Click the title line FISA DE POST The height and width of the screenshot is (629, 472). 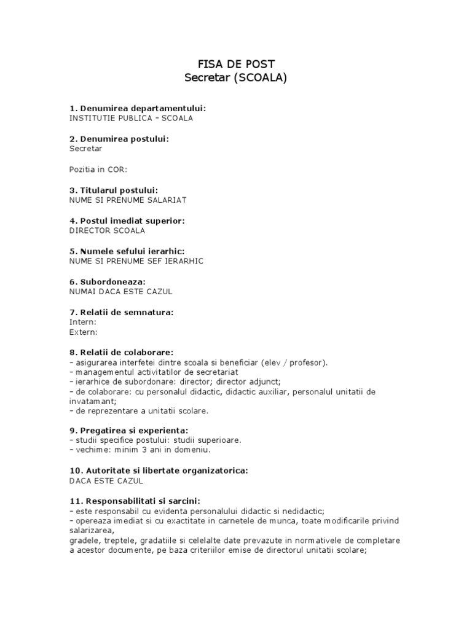tap(235, 64)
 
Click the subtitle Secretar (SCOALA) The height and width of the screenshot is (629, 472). tap(235, 78)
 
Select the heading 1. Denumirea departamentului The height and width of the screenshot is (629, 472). tap(138, 109)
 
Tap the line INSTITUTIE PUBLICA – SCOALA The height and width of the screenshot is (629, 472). tap(132, 118)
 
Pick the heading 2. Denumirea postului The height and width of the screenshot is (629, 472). tap(119, 139)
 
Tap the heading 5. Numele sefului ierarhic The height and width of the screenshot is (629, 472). tap(127, 251)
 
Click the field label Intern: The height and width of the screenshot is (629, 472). tap(83, 322)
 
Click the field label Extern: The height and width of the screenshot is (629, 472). tap(84, 332)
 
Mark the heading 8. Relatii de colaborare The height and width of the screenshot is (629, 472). tap(122, 353)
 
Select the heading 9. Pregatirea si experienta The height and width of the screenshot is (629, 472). tap(129, 429)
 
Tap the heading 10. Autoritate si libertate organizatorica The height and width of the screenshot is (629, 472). tap(159, 471)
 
